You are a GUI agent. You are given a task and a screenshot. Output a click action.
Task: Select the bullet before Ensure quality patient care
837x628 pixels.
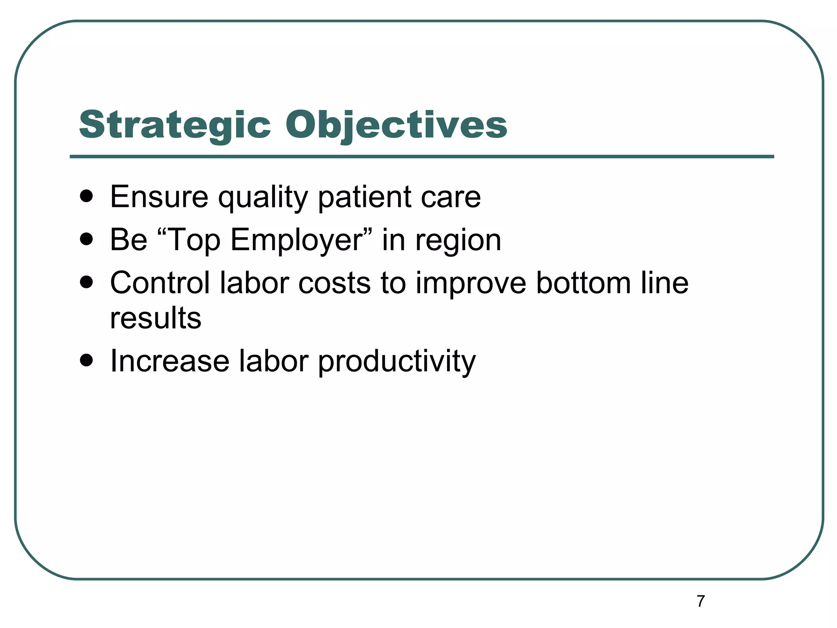point(87,197)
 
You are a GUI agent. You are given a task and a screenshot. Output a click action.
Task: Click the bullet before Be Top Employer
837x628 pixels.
point(87,240)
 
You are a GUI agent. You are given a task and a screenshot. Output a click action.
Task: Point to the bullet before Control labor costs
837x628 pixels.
point(87,283)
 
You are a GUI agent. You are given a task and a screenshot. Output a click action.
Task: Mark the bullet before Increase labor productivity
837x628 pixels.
point(87,361)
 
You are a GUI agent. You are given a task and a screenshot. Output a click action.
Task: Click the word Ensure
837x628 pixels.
point(159,197)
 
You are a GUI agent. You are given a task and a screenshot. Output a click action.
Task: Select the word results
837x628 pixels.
point(156,318)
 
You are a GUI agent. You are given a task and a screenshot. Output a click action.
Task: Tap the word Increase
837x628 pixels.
point(170,361)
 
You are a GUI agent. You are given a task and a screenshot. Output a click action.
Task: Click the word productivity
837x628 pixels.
point(397,362)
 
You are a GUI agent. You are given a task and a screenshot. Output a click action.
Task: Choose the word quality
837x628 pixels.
point(263,197)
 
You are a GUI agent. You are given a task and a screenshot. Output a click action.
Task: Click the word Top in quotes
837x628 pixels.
point(194,240)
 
